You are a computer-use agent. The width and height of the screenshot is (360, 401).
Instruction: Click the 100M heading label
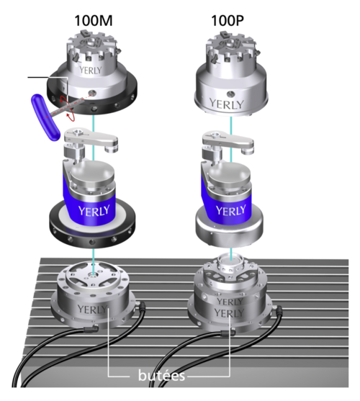tap(94, 21)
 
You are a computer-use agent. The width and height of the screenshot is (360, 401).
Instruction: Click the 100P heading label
tap(228, 21)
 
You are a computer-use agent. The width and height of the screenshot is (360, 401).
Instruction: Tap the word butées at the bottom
tap(161, 375)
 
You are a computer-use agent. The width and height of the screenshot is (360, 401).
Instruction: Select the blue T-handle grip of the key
tap(45, 117)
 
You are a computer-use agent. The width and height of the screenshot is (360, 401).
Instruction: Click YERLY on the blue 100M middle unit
tap(94, 211)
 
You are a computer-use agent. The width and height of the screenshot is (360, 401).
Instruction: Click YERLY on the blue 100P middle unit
tap(230, 211)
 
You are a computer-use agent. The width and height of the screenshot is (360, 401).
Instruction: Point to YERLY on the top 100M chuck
tap(90, 70)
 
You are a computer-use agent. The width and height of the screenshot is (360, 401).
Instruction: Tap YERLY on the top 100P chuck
tap(227, 104)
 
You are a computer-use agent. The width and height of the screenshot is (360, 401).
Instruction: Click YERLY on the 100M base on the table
tap(92, 310)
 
